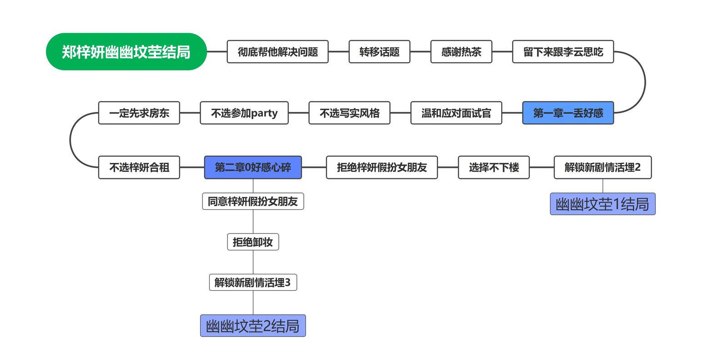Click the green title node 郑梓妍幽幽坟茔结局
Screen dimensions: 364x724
tap(126, 52)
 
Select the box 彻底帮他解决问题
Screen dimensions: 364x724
tap(277, 52)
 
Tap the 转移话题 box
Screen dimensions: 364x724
tap(379, 52)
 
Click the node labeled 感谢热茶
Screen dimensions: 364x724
tap(461, 52)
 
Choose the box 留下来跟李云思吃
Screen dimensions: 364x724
tap(563, 52)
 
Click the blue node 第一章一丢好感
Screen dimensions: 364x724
tap(568, 113)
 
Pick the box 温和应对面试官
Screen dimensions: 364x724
tap(456, 113)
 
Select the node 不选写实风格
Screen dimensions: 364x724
tap(349, 113)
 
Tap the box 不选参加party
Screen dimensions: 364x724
tap(244, 113)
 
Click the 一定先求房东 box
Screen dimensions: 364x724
tap(139, 113)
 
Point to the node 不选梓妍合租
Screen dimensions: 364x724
tap(139, 167)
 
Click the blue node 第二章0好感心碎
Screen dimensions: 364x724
tap(253, 167)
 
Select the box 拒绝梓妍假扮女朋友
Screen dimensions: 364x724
tap(382, 167)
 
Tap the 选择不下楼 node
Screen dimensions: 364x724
tap(494, 167)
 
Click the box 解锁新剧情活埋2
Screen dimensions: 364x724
tap(603, 167)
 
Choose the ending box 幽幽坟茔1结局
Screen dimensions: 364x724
tap(603, 204)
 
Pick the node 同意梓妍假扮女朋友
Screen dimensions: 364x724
tap(253, 201)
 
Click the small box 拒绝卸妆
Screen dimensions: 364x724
tap(253, 242)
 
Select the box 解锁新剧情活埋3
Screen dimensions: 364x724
tap(253, 283)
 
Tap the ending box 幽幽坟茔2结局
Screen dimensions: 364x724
tap(253, 326)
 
